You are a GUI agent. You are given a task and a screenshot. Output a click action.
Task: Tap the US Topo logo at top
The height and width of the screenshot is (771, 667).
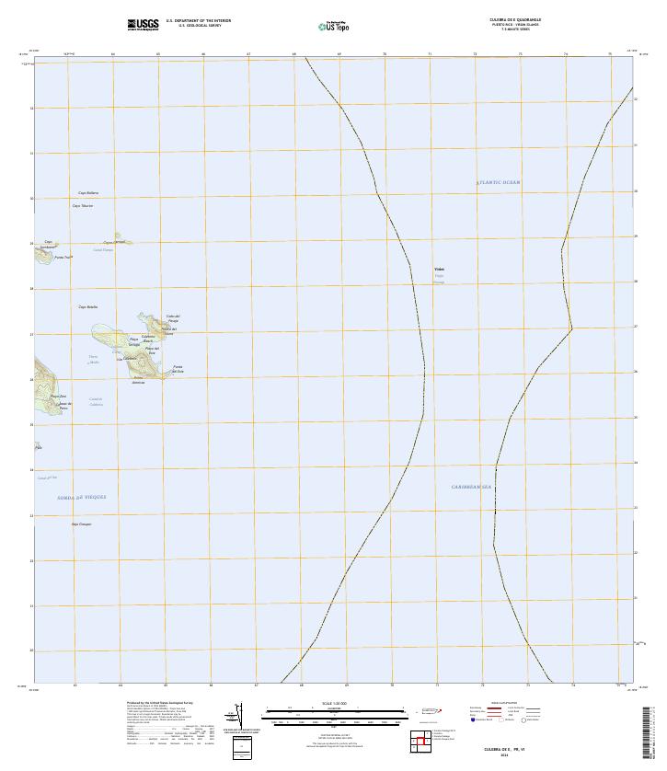(x=333, y=27)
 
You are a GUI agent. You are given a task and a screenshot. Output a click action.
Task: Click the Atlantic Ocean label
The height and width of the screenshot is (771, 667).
(x=498, y=183)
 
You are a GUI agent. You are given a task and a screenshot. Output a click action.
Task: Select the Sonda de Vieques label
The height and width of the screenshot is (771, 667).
(x=82, y=497)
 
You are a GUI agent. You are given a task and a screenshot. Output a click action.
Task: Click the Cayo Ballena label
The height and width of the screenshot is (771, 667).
(x=87, y=193)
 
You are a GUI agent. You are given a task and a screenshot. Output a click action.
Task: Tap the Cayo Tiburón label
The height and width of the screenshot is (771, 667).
(x=83, y=206)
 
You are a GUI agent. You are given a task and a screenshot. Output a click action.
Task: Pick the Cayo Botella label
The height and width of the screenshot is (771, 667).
(x=87, y=306)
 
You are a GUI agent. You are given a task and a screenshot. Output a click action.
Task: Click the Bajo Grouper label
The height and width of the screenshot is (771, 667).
(x=82, y=524)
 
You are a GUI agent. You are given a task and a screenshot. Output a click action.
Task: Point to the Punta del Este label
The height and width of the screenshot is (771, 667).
(x=178, y=370)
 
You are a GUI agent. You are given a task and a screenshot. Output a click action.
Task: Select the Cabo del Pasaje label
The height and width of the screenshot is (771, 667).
(x=172, y=318)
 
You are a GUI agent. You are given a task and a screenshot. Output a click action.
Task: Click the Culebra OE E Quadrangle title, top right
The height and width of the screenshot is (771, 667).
(x=515, y=19)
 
